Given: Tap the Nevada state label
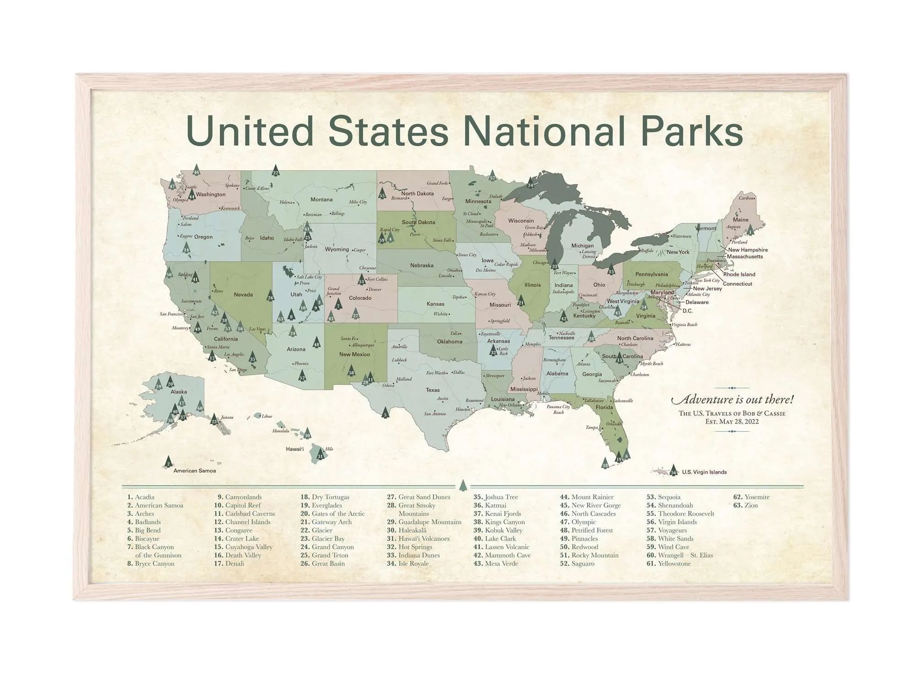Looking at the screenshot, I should [243, 294].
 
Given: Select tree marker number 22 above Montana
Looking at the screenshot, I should [275, 171].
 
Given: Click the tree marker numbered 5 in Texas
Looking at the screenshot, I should [385, 413].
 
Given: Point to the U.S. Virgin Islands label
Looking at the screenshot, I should [704, 472].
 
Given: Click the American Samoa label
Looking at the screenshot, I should [194, 471].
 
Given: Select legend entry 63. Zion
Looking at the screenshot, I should [746, 506].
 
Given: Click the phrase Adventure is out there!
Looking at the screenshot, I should [732, 399].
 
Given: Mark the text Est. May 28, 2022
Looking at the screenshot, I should [732, 422].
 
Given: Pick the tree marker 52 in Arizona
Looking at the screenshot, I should [302, 376].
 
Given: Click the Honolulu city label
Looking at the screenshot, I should [281, 431].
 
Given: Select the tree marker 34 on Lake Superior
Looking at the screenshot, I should [530, 183].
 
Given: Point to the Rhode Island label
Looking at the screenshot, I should [739, 274].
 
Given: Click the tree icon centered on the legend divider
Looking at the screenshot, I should [463, 485].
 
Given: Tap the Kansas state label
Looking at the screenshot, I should [435, 304].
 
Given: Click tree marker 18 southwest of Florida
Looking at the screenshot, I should [605, 463].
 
